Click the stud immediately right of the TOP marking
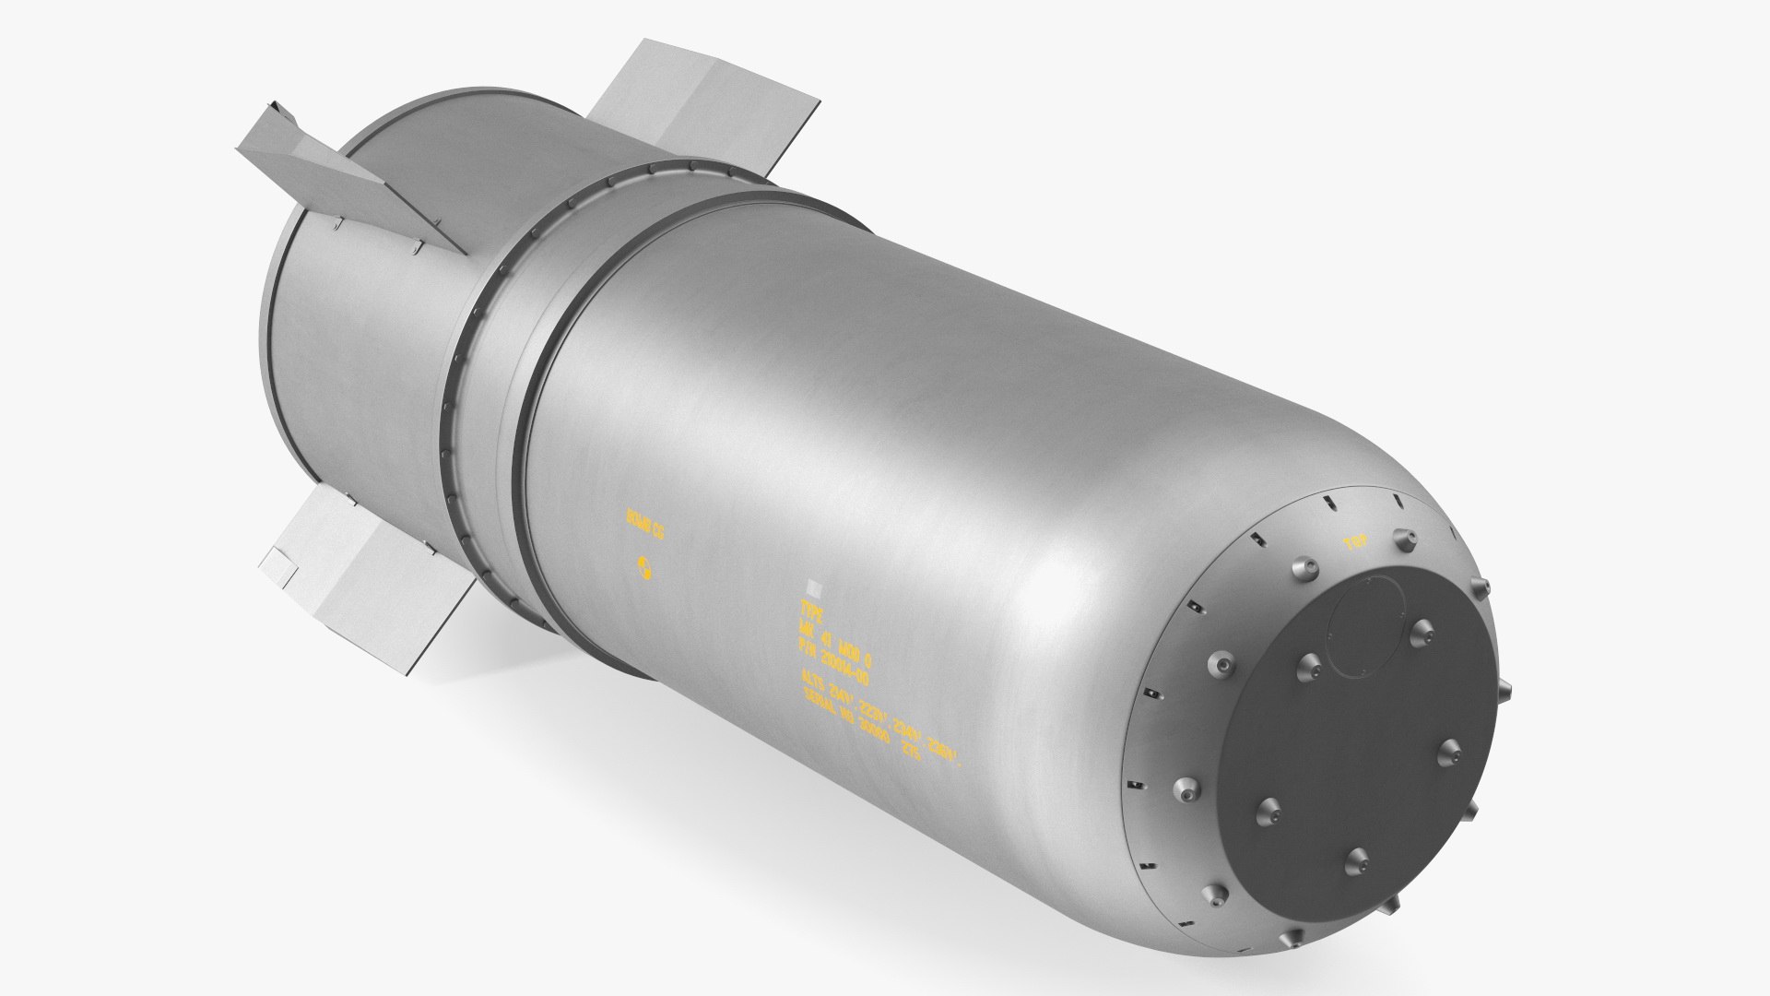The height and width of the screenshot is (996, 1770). [x=1402, y=539]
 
